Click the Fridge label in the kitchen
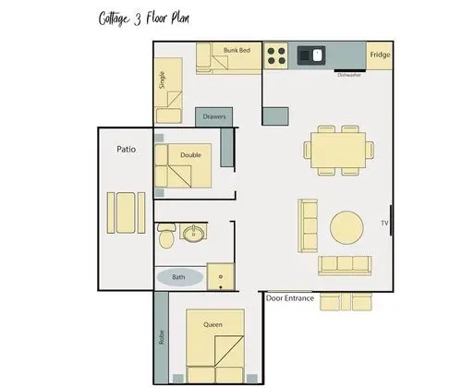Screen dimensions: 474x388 pos(380,55)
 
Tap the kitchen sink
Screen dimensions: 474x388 pos(311,55)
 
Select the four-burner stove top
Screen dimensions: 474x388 pos(276,55)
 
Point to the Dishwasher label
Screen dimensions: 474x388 pos(349,75)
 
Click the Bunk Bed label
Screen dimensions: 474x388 pos(237,50)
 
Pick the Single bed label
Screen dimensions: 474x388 pos(162,80)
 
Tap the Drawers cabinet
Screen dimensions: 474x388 pos(214,116)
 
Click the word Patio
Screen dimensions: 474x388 pos(126,150)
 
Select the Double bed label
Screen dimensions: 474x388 pos(190,155)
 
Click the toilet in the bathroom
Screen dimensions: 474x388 pos(166,236)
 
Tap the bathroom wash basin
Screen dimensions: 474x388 pos(193,233)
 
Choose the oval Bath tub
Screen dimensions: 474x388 pos(180,277)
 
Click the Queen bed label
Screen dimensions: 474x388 pos(213,324)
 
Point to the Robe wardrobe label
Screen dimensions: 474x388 pos(162,337)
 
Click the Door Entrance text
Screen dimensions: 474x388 pos(290,298)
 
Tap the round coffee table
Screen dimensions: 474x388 pos(346,227)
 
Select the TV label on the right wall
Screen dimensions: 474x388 pos(384,223)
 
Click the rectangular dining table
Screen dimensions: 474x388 pos(338,150)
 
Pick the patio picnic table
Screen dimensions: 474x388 pos(126,212)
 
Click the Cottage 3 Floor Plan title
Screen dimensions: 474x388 pos(144,18)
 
